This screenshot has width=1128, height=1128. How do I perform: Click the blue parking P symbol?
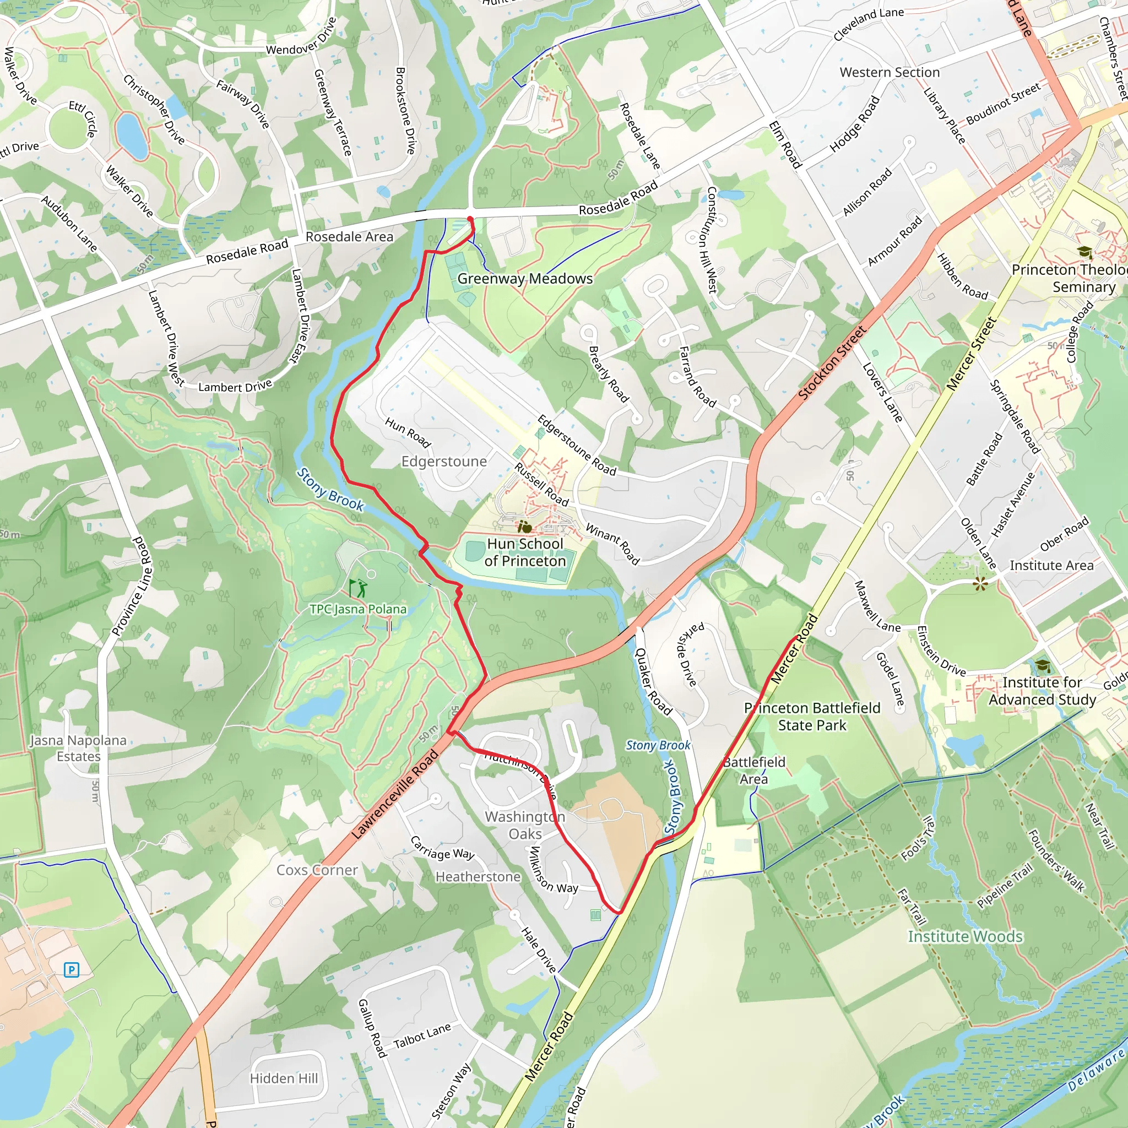pos(71,970)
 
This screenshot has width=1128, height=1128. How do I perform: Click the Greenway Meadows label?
pos(524,279)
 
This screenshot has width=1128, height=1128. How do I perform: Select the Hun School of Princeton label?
pos(525,552)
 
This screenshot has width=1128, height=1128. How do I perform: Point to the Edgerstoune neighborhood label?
pos(444,461)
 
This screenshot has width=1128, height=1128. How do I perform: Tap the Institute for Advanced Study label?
pos(1042,691)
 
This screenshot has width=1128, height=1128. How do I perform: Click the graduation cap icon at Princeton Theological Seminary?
pos(1085,252)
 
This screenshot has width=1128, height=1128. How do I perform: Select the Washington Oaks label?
pos(525,825)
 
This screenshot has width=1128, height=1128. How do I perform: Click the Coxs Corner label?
pos(317,870)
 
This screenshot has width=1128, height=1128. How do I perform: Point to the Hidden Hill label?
pos(284,1078)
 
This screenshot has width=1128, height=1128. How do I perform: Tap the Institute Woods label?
pos(965,936)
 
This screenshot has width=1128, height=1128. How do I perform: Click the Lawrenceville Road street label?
pos(395,795)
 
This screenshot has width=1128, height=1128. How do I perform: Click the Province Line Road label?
pos(132,586)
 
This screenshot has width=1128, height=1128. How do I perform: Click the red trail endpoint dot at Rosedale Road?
pos(470,220)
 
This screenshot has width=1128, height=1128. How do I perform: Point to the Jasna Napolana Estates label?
pos(78,748)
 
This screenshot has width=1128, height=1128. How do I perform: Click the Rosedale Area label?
pos(349,236)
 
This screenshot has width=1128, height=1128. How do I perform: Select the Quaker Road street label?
pos(653,681)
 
